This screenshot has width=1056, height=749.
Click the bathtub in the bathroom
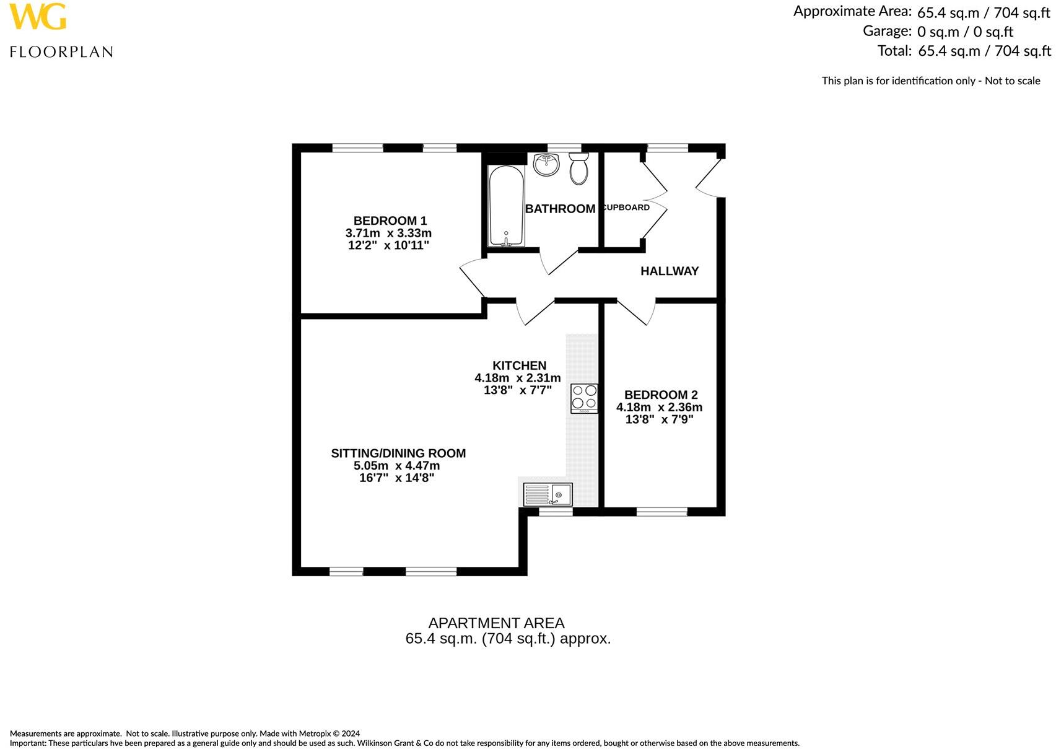[507, 206]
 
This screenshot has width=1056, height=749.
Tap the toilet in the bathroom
[578, 169]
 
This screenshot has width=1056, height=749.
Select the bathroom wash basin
[546, 164]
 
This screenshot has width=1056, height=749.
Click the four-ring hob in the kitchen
[584, 398]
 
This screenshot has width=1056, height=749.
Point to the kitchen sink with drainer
[548, 494]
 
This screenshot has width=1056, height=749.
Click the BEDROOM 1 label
[390, 221]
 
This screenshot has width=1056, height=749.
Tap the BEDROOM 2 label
[660, 395]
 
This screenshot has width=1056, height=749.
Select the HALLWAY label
[669, 271]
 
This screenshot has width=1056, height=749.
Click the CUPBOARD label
[626, 208]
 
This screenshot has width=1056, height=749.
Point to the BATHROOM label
[560, 209]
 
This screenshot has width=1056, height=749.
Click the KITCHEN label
[519, 366]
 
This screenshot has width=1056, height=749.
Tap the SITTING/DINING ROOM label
[398, 453]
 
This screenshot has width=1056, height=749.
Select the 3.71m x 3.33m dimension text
[388, 234]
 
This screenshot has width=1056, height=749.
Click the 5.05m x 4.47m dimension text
[396, 466]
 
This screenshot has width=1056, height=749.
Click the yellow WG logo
[38, 17]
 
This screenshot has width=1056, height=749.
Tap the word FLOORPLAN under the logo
[61, 52]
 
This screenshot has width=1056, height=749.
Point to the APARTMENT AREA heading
[496, 623]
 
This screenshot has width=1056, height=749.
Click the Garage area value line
[938, 31]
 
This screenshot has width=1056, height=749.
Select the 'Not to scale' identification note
[930, 81]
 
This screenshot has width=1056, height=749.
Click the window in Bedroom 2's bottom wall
[661, 512]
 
